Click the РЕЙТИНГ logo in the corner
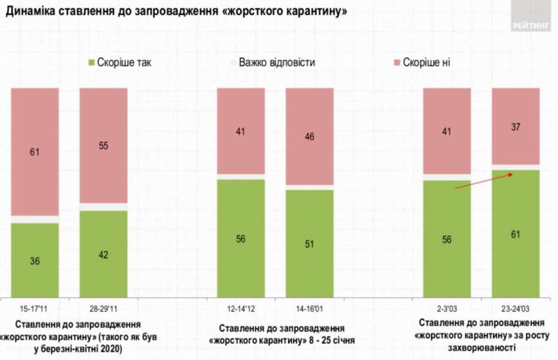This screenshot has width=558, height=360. pos(531,17)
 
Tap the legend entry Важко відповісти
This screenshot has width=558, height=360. pos(276,63)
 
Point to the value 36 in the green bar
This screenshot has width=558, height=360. pos(34,261)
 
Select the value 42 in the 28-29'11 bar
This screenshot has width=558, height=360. pos(103,255)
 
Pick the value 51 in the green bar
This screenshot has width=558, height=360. pos(310,244)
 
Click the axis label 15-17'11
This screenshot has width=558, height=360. pos(34,308)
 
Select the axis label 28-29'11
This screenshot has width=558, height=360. pos(103,308)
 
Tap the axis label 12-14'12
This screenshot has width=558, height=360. pos(241,308)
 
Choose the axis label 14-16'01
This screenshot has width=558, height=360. pos(310,308)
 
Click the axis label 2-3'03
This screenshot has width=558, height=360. pos(447,308)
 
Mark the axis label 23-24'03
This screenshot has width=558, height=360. pos(516,308)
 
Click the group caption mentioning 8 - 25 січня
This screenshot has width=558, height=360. pos(278,335)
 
